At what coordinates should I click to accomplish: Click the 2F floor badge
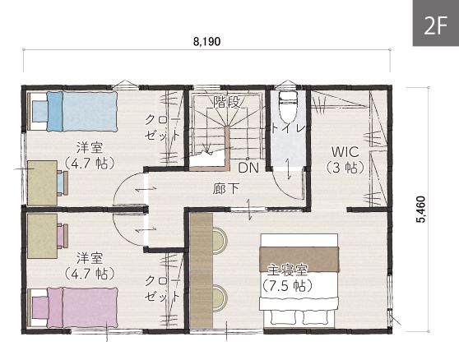pos(436,23)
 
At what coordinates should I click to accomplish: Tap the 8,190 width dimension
pos(206,42)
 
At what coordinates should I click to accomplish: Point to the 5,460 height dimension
pos(421,210)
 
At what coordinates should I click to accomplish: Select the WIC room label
pos(345,152)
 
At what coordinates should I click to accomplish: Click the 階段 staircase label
pos(226,102)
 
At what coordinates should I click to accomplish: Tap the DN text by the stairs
pos(248,168)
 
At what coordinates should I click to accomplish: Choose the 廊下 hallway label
pos(225,188)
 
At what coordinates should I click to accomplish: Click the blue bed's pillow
pos(40,111)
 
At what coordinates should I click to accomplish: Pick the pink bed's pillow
pos(40,307)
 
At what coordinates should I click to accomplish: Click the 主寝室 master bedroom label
pos(287,270)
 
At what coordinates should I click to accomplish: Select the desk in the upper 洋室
pos(43,182)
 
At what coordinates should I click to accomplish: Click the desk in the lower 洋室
pos(43,236)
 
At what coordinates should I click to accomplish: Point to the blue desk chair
pos(63,183)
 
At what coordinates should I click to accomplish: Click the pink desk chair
pos(63,236)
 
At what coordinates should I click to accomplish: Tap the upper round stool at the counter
pos(220,240)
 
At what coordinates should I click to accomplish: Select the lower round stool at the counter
pos(220,297)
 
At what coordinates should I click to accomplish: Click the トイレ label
pos(289,128)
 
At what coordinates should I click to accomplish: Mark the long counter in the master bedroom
pos(201,270)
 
